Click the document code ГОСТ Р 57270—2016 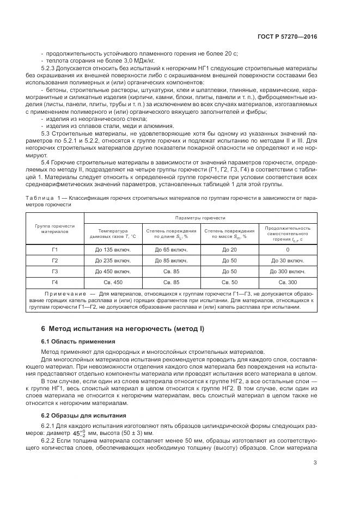[x=287, y=37]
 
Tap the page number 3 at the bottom [x=315, y=463]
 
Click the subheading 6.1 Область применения [x=78, y=341]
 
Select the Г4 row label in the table [x=54, y=282]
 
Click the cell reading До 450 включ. [x=112, y=271]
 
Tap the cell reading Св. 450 [x=112, y=282]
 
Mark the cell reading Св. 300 [x=288, y=282]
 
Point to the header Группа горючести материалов [x=54, y=228]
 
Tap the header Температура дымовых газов [x=112, y=233]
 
